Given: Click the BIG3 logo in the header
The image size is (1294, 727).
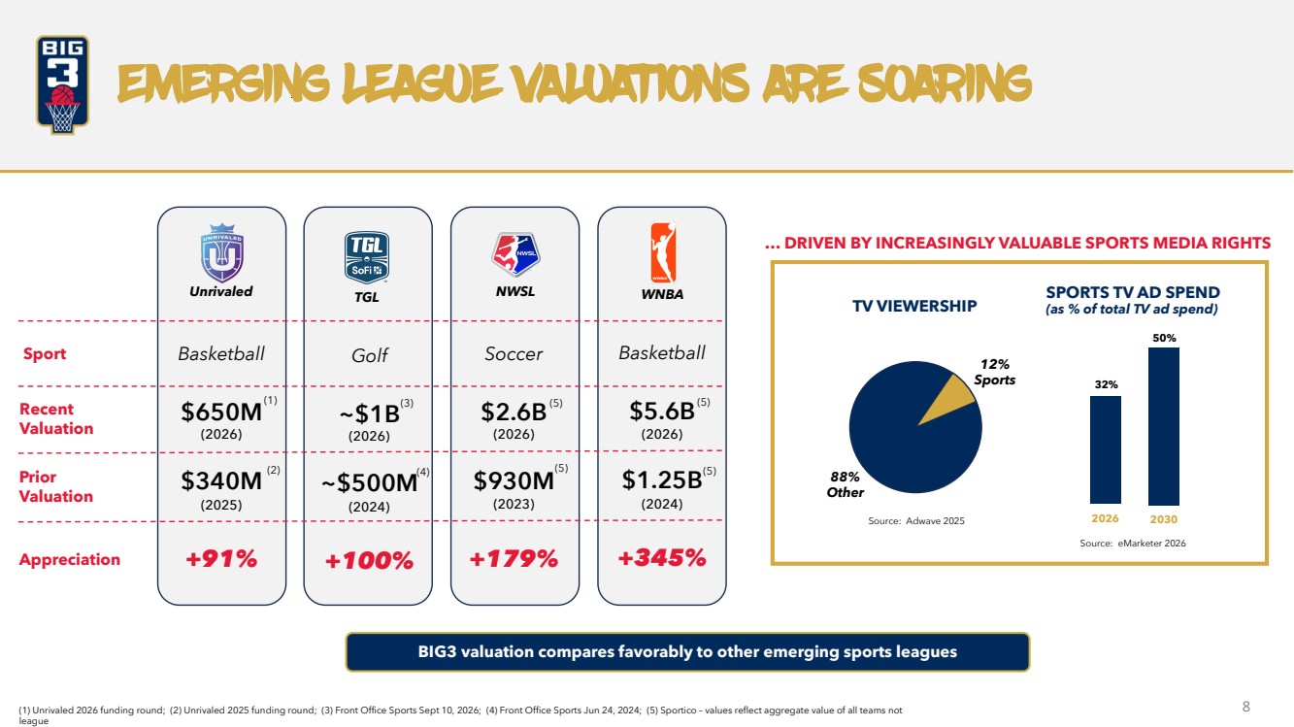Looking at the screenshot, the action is [62, 84].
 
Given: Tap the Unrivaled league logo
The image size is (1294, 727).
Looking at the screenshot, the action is [222, 253].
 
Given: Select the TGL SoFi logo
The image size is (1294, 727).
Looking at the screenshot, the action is [367, 257].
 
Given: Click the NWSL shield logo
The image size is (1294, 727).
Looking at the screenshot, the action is [515, 254].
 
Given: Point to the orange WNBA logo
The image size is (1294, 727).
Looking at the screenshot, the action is [663, 253].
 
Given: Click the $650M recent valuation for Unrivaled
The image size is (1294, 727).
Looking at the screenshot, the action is [222, 412].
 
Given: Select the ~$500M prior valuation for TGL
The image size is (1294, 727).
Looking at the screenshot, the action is [370, 482].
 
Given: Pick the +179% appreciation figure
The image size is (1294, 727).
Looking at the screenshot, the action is [514, 558].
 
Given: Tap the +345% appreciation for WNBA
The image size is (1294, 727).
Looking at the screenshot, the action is [662, 557].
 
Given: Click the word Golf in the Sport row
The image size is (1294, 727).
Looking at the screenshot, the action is [370, 355].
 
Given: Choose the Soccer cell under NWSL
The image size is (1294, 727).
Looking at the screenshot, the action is [514, 353].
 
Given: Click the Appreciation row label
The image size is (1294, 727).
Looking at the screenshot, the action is [69, 559].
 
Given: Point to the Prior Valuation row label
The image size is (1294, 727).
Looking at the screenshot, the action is [56, 486].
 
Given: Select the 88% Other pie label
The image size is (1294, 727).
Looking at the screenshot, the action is [846, 484].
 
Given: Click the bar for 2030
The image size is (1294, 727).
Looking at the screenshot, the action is [1164, 426].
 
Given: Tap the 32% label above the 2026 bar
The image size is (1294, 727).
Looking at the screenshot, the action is [1106, 384].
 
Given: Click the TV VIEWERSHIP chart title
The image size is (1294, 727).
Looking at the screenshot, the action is [914, 306].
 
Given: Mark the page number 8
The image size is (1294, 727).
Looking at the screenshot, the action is [1246, 707].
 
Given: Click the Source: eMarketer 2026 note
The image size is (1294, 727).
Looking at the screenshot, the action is [1133, 543].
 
